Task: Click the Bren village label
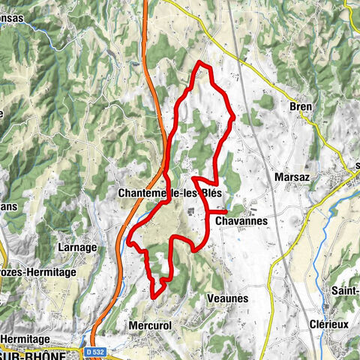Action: (300, 106)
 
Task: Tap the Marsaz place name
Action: (287, 176)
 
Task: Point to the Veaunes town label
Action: (226, 298)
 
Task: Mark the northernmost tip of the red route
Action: (199, 62)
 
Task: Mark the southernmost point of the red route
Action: (154, 297)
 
